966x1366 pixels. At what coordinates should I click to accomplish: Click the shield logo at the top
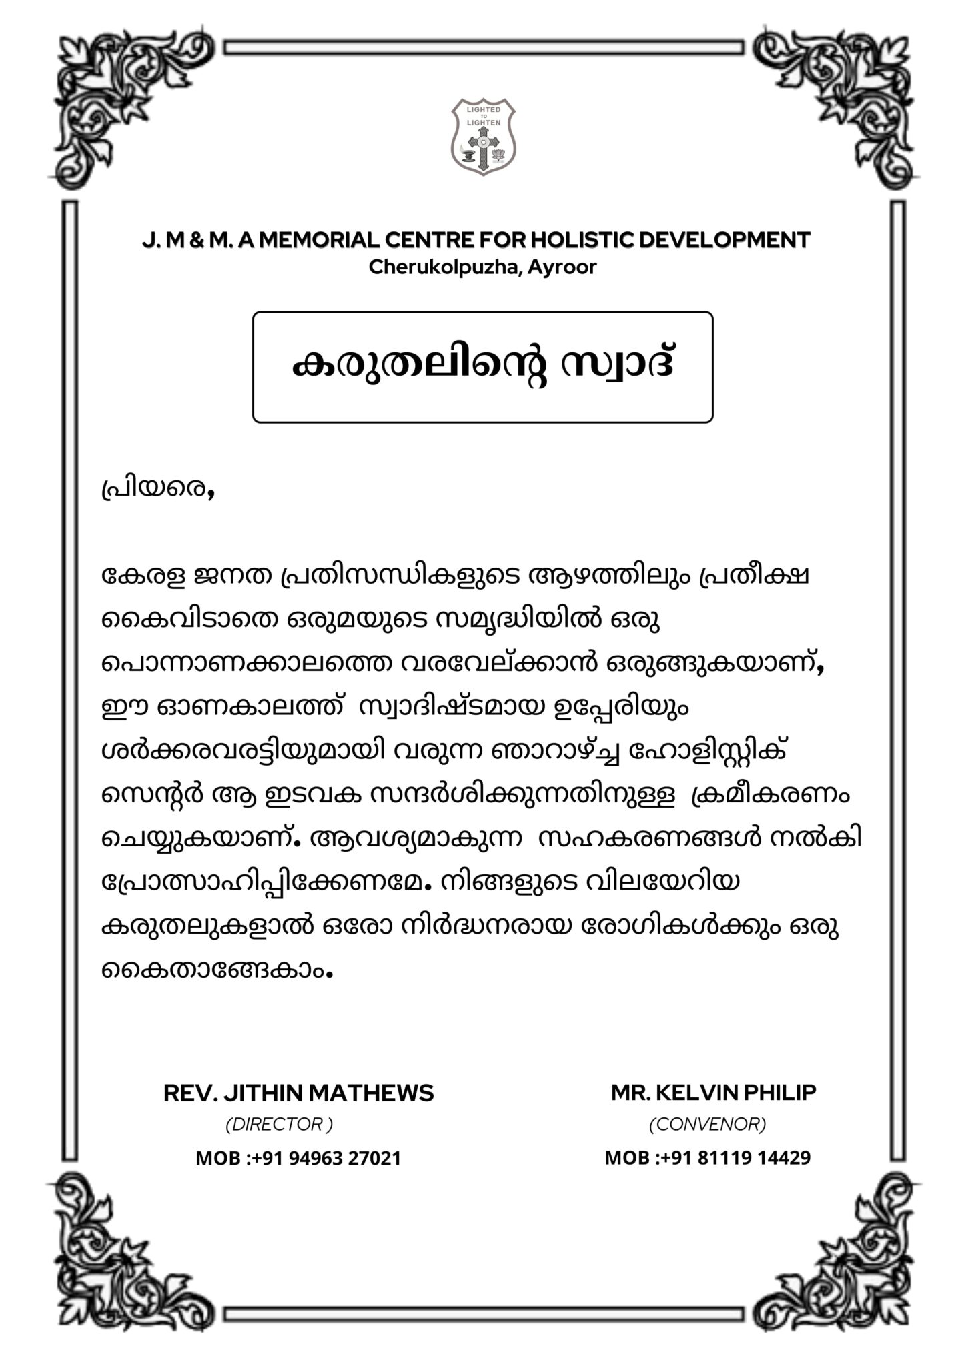483,136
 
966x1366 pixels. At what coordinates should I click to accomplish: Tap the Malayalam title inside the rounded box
482,366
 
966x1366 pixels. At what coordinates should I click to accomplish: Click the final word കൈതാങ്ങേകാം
215,970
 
